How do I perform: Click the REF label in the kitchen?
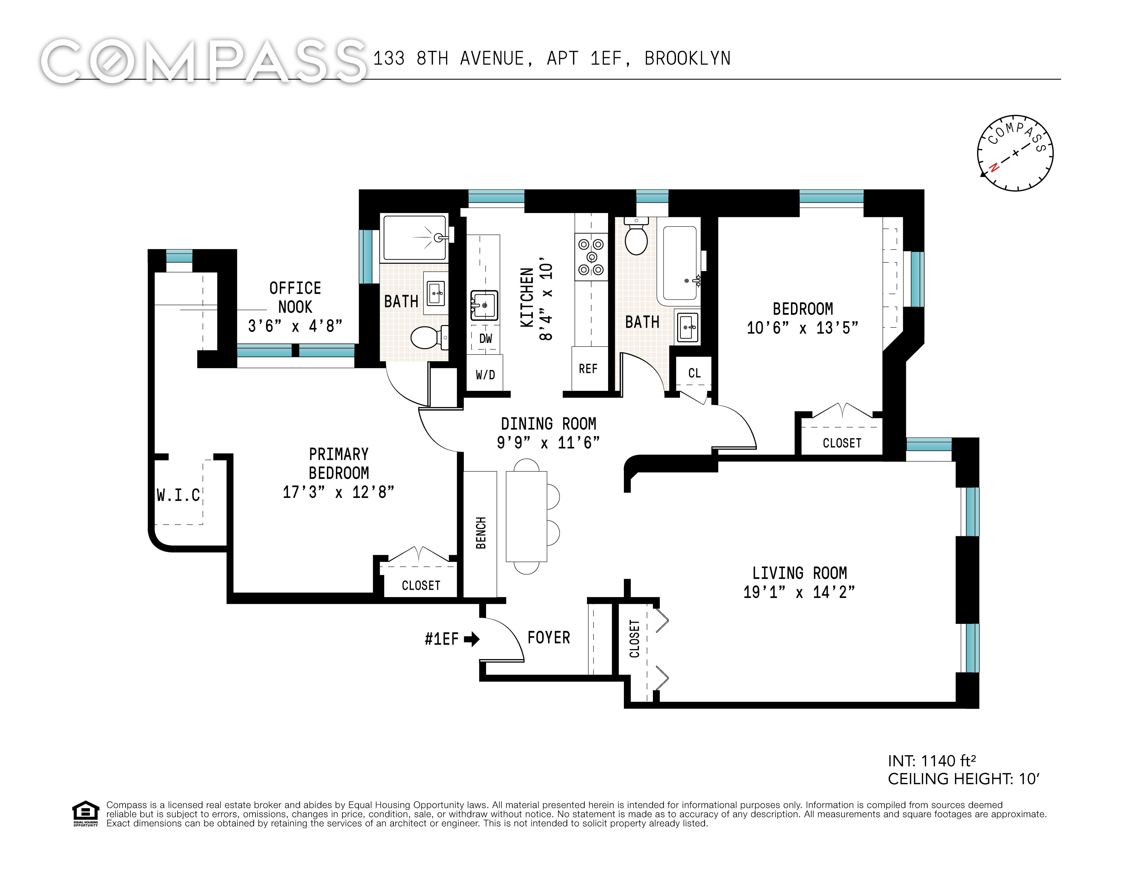pos(588,369)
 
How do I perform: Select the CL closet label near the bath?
pos(695,373)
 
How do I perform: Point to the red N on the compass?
pos(993,167)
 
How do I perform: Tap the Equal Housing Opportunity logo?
pos(85,814)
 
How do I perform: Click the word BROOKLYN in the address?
pos(688,58)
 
